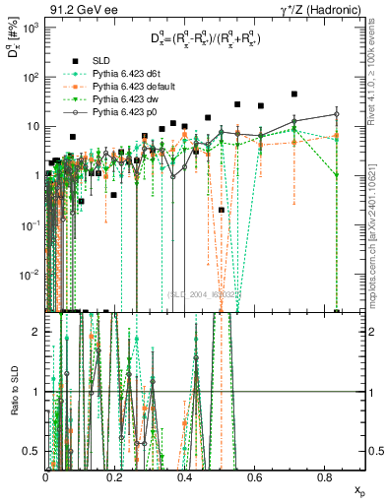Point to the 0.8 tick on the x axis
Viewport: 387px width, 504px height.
click(325, 475)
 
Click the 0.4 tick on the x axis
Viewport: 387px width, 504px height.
click(185, 475)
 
